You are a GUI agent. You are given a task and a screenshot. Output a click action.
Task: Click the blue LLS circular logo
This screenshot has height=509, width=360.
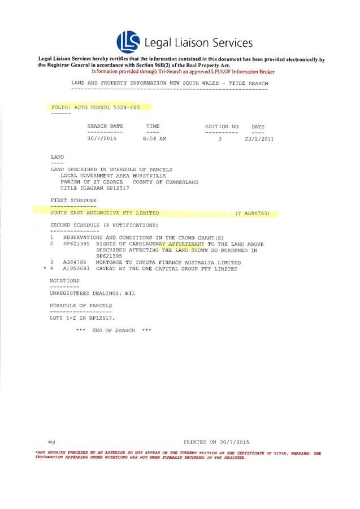[x=128, y=42]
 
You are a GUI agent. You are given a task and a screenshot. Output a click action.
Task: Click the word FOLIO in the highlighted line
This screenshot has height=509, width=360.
[x=60, y=107]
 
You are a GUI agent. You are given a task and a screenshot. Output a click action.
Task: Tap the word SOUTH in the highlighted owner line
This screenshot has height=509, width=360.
[x=59, y=213]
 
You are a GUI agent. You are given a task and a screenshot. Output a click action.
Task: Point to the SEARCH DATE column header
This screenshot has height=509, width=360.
[x=105, y=126]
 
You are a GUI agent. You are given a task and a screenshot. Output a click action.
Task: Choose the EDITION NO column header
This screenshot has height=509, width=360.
[x=222, y=126]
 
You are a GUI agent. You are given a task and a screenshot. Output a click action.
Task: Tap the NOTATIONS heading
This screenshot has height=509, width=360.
[x=63, y=280]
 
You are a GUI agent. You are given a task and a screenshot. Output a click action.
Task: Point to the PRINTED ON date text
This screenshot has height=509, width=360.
[x=217, y=441]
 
